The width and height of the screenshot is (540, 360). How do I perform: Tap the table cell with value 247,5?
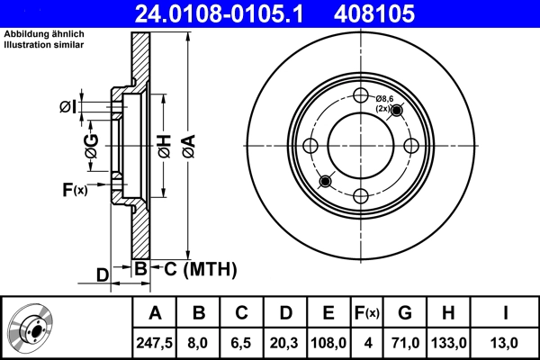(155, 341)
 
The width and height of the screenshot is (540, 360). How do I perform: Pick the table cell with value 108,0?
(328, 341)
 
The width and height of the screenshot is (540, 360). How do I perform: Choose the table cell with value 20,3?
(285, 341)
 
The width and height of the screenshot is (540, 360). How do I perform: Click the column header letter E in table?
(328, 313)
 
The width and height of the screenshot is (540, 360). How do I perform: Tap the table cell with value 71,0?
(405, 341)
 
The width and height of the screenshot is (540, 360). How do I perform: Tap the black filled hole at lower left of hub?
(325, 182)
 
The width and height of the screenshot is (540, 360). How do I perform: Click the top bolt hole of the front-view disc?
(361, 96)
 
